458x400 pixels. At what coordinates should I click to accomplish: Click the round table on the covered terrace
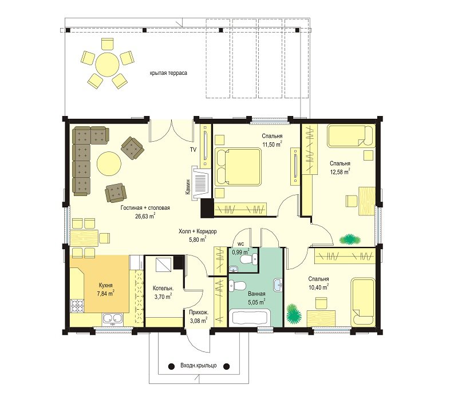click(x=108, y=63)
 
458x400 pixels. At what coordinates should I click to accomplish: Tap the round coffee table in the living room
click(x=109, y=163)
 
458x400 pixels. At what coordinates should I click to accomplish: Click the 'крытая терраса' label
click(x=168, y=73)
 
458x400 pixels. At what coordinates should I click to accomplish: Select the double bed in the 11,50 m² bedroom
click(x=238, y=167)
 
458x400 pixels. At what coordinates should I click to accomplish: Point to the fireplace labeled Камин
click(x=201, y=183)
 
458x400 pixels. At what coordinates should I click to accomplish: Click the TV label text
click(x=193, y=150)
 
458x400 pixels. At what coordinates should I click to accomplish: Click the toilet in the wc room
click(x=248, y=259)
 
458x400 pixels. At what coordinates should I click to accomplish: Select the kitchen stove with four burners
click(x=77, y=306)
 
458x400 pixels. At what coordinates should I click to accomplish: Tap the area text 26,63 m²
click(x=145, y=216)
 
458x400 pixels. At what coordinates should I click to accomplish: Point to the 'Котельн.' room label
click(x=163, y=289)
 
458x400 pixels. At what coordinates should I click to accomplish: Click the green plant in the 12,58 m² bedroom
click(x=350, y=239)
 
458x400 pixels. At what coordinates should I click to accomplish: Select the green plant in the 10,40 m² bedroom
click(x=294, y=314)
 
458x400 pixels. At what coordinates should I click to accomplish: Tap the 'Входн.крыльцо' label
click(x=198, y=366)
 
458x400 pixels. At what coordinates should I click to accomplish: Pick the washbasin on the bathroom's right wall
click(x=278, y=285)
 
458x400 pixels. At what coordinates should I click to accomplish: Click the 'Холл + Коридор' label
click(x=198, y=231)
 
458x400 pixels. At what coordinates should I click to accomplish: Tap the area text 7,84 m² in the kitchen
click(x=105, y=294)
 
